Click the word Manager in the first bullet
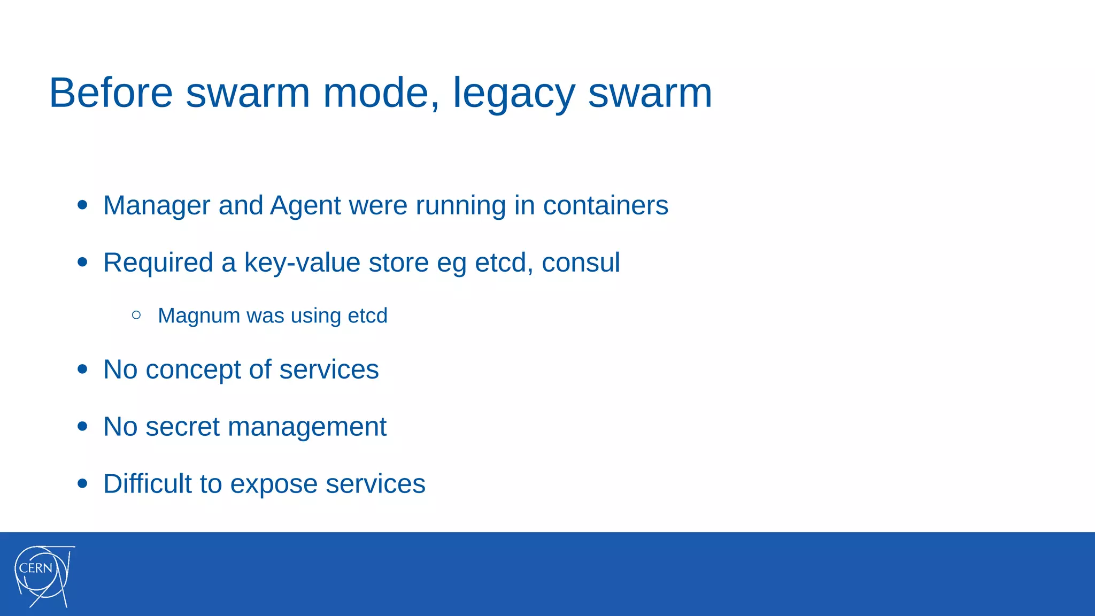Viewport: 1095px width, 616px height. pyautogui.click(x=157, y=205)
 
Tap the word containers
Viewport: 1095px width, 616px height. pyautogui.click(x=605, y=205)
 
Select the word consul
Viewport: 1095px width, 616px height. pyautogui.click(x=581, y=263)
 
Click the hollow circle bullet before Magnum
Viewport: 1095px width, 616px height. pyautogui.click(x=136, y=315)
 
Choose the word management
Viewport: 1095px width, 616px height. pyautogui.click(x=307, y=427)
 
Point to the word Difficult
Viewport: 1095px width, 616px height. pyautogui.click(x=148, y=483)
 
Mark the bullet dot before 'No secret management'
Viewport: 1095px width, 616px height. pyautogui.click(x=82, y=426)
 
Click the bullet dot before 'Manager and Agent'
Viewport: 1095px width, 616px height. pyautogui.click(x=82, y=205)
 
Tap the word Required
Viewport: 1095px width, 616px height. pyautogui.click(x=158, y=263)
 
